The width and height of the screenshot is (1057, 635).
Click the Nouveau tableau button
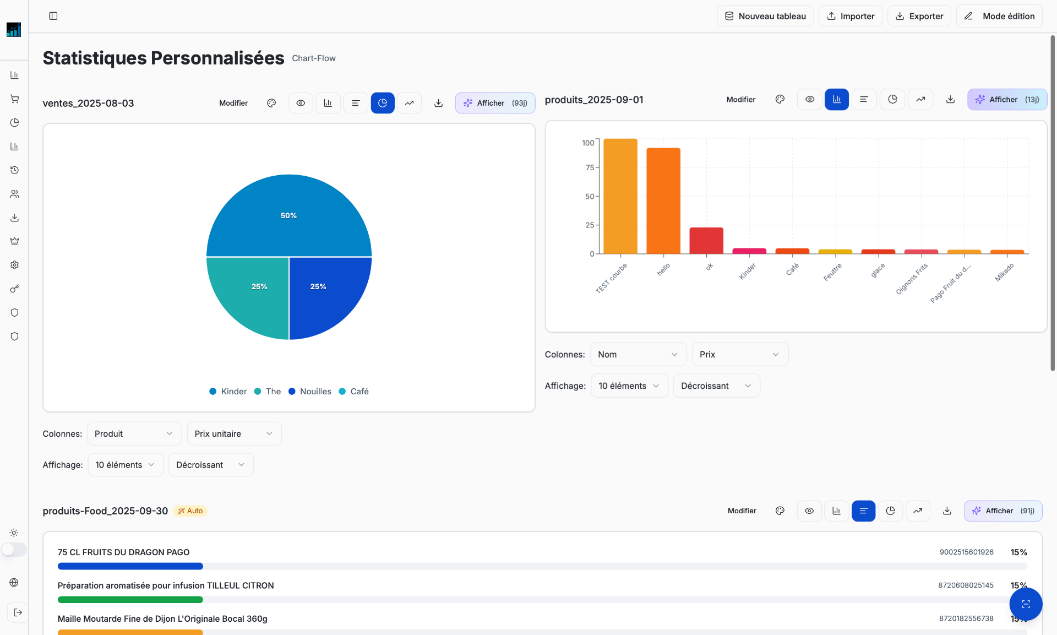[765, 16]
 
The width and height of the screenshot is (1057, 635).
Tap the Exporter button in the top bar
[919, 16]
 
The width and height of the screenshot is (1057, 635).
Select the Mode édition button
[999, 16]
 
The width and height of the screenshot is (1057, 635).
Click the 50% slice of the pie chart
[289, 215]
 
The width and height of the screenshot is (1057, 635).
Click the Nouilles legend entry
[310, 392]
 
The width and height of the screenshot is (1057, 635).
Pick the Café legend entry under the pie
[353, 392]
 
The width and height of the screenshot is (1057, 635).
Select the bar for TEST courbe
[620, 196]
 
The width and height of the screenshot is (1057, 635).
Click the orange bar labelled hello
[663, 201]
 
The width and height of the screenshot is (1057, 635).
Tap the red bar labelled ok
[706, 241]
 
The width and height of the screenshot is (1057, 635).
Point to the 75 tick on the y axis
[590, 167]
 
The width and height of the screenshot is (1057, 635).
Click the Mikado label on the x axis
[1005, 272]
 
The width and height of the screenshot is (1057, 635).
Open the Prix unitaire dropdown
[234, 434]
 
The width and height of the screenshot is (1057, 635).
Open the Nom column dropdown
[638, 355]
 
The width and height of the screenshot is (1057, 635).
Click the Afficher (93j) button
[495, 103]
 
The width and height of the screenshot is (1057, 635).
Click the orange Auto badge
[190, 511]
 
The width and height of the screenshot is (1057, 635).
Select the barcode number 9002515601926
[966, 552]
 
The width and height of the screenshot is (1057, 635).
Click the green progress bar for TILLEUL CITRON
[130, 600]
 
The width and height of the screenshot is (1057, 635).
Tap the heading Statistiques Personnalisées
[164, 58]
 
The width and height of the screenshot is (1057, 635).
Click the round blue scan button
[1026, 604]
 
